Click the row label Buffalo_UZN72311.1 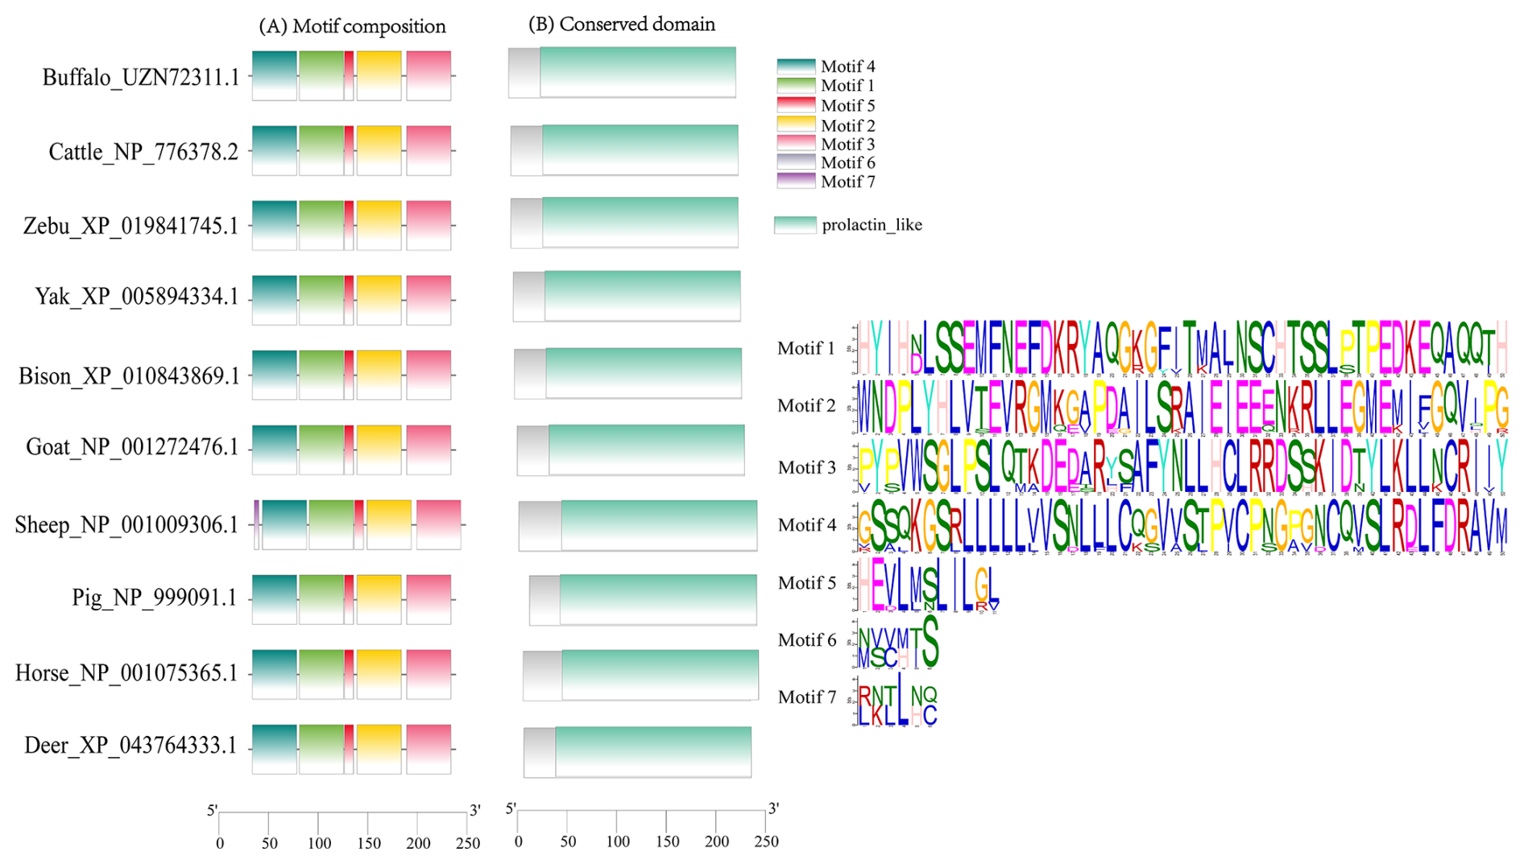pos(140,77)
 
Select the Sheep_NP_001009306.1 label pos(126,525)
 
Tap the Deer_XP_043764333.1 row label pos(130,746)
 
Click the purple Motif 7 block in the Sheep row pos(257,524)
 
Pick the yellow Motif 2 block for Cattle pos(379,150)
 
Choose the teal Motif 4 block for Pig pos(274,599)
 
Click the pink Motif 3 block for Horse pos(429,674)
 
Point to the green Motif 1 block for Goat pos(321,449)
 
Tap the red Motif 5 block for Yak pos(349,300)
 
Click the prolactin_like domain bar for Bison pos(644,373)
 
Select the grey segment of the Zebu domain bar pos(527,223)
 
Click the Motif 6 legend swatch pos(796,163)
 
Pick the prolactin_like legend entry pos(872,225)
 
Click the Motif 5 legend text pos(847,105)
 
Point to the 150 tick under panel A pos(368,843)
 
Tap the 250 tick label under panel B pos(766,841)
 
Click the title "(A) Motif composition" pos(352,27)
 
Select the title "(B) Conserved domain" pos(621,24)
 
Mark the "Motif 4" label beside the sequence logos pos(807,525)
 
